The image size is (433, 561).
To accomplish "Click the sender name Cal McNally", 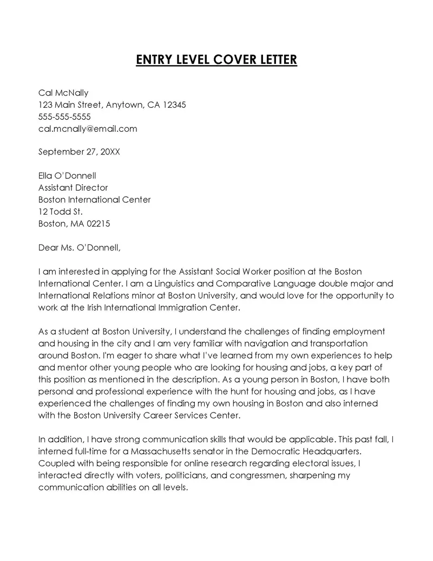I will [x=63, y=93].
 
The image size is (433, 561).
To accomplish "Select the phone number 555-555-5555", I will [x=64, y=117].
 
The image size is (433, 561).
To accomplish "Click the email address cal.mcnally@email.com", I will [x=88, y=128].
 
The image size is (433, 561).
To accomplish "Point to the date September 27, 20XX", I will [x=79, y=152].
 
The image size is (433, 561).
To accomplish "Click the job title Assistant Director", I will [x=73, y=188].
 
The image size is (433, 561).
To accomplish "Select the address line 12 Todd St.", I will [x=60, y=211].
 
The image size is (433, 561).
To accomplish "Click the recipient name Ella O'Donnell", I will [x=67, y=176].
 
